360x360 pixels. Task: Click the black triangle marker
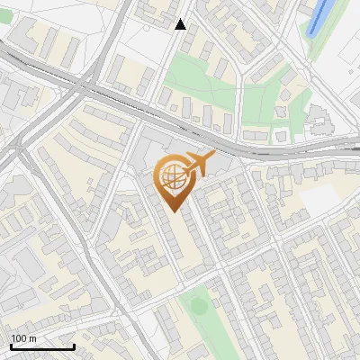[181, 24]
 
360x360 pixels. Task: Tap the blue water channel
[317, 17]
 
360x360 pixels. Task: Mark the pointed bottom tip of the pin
[173, 211]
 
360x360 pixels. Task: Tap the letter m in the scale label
[32, 338]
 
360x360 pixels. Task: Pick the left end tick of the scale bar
[11, 346]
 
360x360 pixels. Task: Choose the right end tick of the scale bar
[74, 346]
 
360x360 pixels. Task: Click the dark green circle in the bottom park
[198, 306]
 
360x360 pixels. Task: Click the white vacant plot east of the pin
[319, 202]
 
